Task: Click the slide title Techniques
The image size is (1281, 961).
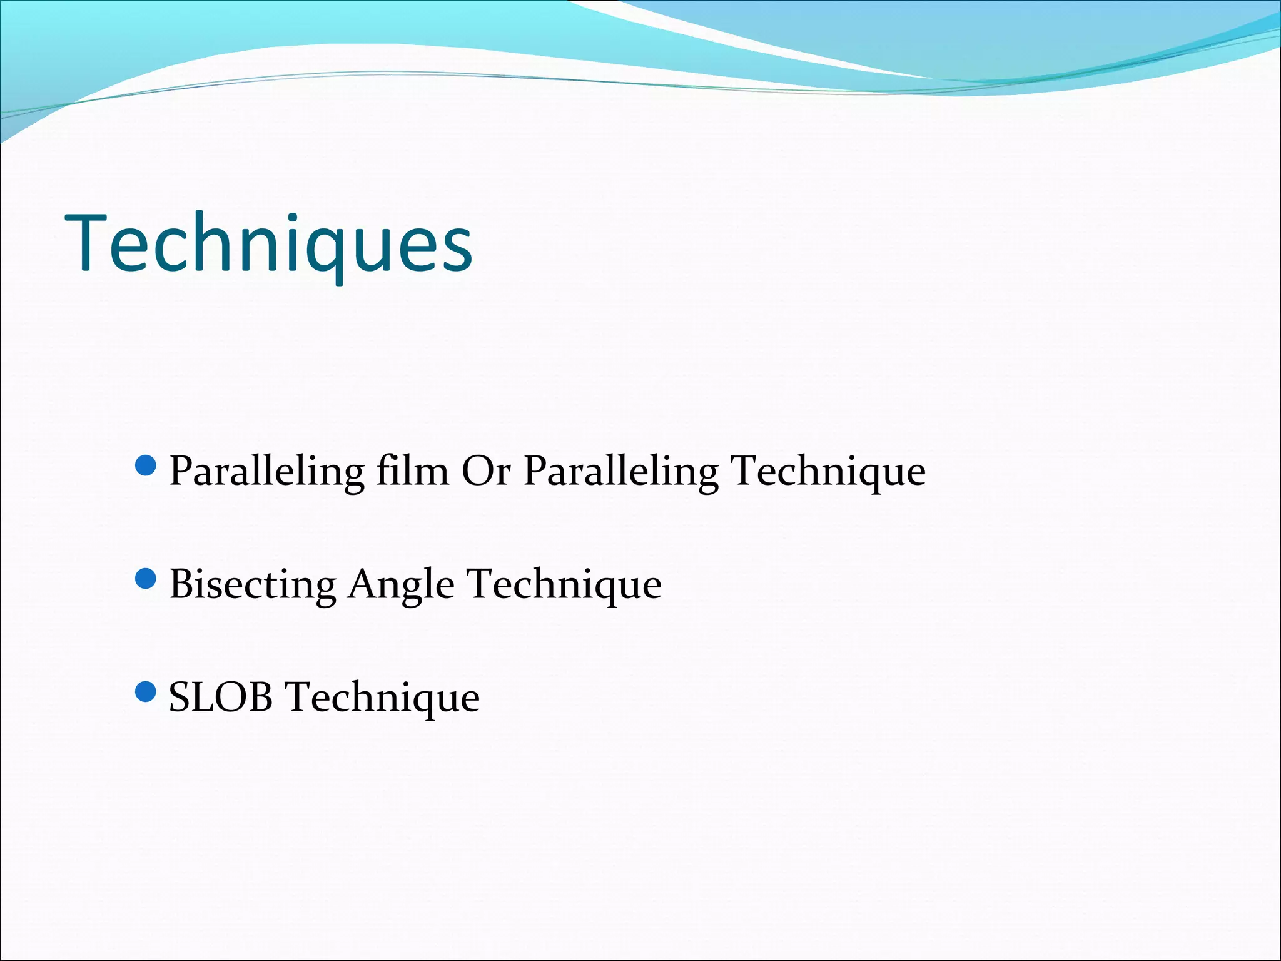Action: pos(269,244)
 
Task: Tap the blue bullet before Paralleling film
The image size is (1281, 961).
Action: pos(145,466)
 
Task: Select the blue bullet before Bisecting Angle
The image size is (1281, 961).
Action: pos(145,579)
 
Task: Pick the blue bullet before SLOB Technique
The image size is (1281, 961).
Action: pos(145,692)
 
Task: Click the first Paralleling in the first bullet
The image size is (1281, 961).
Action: pos(267,472)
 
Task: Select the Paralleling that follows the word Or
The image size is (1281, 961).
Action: pos(620,472)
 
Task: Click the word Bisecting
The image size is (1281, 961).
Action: pos(253,586)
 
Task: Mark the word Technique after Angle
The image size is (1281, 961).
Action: pos(565,586)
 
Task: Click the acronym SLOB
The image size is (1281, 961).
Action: pos(221,698)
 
